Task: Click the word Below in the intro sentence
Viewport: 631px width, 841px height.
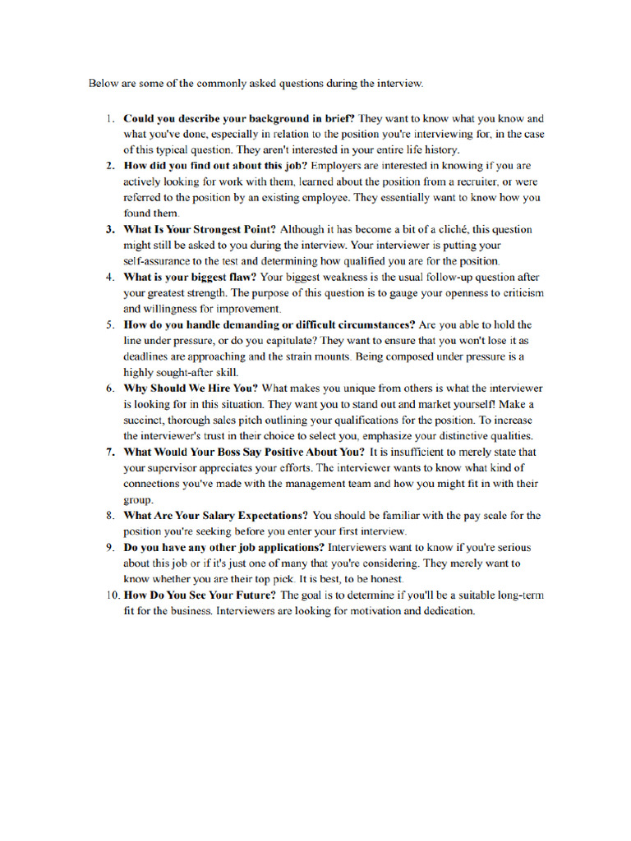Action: tap(104, 83)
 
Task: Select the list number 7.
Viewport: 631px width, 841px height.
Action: tap(110, 452)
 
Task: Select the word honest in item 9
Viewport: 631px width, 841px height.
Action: tap(385, 579)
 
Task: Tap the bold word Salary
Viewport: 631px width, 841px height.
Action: tap(209, 516)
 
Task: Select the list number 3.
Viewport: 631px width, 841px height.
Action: tap(110, 229)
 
